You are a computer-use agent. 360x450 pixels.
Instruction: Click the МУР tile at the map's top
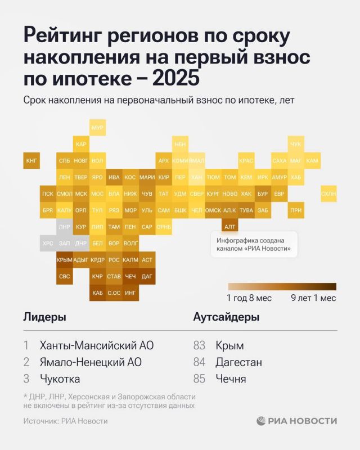(x=97, y=128)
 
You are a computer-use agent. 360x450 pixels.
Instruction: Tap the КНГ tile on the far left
(x=31, y=161)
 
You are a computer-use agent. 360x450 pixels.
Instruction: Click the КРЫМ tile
(x=65, y=260)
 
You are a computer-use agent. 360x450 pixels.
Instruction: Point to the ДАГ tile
(x=147, y=276)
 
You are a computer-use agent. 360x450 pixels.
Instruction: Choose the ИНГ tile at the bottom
(x=130, y=292)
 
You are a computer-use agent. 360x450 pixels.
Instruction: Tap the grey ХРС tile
(x=48, y=244)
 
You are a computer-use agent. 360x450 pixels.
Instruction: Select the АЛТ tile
(x=229, y=227)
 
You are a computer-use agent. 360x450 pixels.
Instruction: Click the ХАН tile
(x=196, y=177)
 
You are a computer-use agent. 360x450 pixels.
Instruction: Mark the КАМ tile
(x=312, y=161)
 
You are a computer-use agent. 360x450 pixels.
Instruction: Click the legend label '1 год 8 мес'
(x=249, y=298)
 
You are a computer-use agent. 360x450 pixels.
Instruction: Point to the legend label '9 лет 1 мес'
(x=313, y=298)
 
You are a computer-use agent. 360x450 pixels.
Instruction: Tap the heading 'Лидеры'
(x=44, y=317)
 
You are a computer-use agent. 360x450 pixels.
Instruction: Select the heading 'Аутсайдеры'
(x=226, y=317)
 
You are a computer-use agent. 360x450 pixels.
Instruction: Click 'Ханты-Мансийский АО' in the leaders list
(x=96, y=345)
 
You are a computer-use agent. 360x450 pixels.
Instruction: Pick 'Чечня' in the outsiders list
(x=231, y=379)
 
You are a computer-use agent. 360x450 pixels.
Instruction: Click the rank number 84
(x=199, y=362)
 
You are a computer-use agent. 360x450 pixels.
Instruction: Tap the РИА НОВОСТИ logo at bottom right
(x=296, y=421)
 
